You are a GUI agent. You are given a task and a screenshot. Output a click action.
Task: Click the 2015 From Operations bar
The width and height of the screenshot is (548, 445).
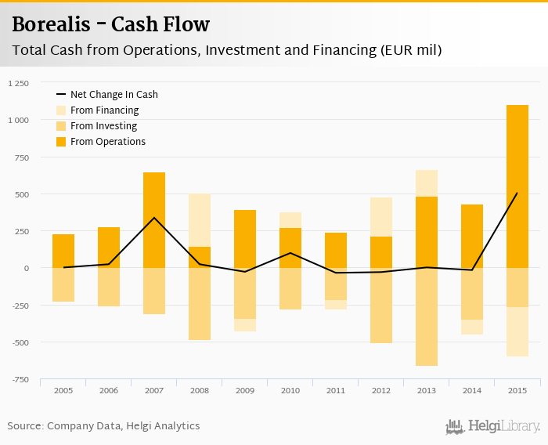point(517,186)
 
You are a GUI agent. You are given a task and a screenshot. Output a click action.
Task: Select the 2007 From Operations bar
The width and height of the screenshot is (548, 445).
point(154,220)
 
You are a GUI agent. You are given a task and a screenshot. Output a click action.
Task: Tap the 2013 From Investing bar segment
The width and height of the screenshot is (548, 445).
point(427,317)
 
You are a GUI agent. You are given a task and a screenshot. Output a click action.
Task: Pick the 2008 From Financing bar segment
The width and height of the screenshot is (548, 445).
point(200,220)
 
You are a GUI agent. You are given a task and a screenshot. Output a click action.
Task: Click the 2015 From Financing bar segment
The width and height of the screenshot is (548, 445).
point(517,331)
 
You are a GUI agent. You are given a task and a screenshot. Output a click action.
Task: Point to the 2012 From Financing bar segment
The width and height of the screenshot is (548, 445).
point(381,217)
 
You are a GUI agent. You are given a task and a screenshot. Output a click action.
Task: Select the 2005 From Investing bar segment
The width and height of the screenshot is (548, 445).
point(63,284)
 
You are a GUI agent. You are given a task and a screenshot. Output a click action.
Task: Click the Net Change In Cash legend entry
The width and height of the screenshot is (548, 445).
point(114,95)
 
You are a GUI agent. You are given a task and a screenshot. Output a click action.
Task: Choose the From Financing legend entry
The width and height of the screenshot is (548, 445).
point(104,110)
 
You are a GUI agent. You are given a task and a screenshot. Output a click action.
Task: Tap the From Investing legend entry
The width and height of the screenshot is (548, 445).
point(103,126)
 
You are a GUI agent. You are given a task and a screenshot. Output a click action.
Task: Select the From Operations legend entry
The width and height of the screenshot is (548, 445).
point(107,142)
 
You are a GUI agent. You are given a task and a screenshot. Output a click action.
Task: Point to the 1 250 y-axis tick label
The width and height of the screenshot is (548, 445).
point(17,82)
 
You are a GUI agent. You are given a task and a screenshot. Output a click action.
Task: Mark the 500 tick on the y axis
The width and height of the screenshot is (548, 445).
point(21,194)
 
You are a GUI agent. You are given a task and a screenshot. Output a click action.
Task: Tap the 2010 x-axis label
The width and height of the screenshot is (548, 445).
point(290,389)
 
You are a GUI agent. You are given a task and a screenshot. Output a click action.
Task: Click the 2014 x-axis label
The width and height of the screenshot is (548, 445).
point(472,389)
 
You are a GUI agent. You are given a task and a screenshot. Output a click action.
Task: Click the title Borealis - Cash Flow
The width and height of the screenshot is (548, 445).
point(110,24)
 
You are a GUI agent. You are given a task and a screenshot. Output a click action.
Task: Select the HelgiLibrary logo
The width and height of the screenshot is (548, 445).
point(492,426)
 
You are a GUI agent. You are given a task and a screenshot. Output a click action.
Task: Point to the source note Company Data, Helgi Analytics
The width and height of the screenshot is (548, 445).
point(103,426)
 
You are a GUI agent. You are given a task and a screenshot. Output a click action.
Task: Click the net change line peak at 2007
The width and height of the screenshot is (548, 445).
point(154,218)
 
